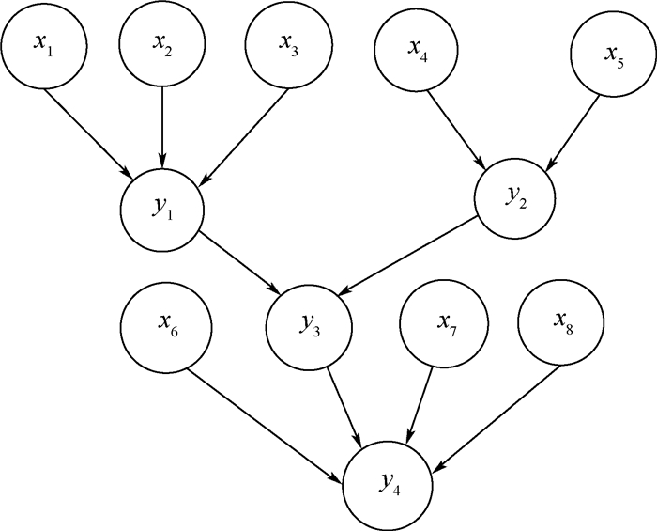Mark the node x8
pos(560,325)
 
